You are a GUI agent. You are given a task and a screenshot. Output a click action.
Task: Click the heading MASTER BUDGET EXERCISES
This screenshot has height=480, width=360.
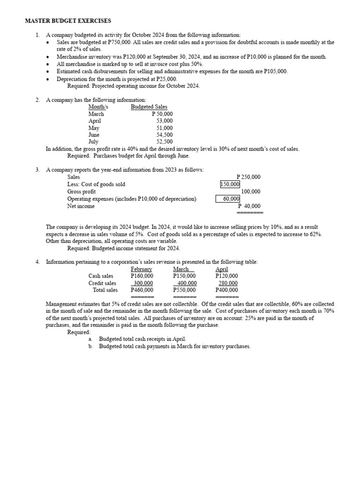pos(68,21)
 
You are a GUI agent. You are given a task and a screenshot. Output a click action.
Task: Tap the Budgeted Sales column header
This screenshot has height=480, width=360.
pos(149,107)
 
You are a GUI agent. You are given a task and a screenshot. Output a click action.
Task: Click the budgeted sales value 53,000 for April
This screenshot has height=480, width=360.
pos(164,121)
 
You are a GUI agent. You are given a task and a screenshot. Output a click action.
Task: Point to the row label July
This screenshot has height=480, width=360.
pos(94,142)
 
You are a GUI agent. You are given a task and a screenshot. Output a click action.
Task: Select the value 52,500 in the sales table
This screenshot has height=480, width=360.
pos(164,142)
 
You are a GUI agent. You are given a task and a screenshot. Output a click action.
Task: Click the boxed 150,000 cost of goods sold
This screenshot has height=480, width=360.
pos(230,185)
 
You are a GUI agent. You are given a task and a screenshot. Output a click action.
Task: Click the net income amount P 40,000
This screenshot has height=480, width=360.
pos(249,206)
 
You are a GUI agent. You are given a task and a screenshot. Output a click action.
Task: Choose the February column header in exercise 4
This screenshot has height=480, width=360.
pos(142,269)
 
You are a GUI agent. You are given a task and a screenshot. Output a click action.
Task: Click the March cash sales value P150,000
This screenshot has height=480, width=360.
pos(184,276)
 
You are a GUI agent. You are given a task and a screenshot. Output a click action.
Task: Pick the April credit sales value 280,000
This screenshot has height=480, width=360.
pos(228,283)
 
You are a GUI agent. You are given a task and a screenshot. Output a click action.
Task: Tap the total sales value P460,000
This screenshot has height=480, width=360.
pos(142,290)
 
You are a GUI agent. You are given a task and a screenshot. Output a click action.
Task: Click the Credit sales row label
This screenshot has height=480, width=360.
pos(102,283)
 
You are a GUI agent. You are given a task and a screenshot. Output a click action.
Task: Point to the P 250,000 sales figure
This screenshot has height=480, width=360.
pos(249,177)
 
